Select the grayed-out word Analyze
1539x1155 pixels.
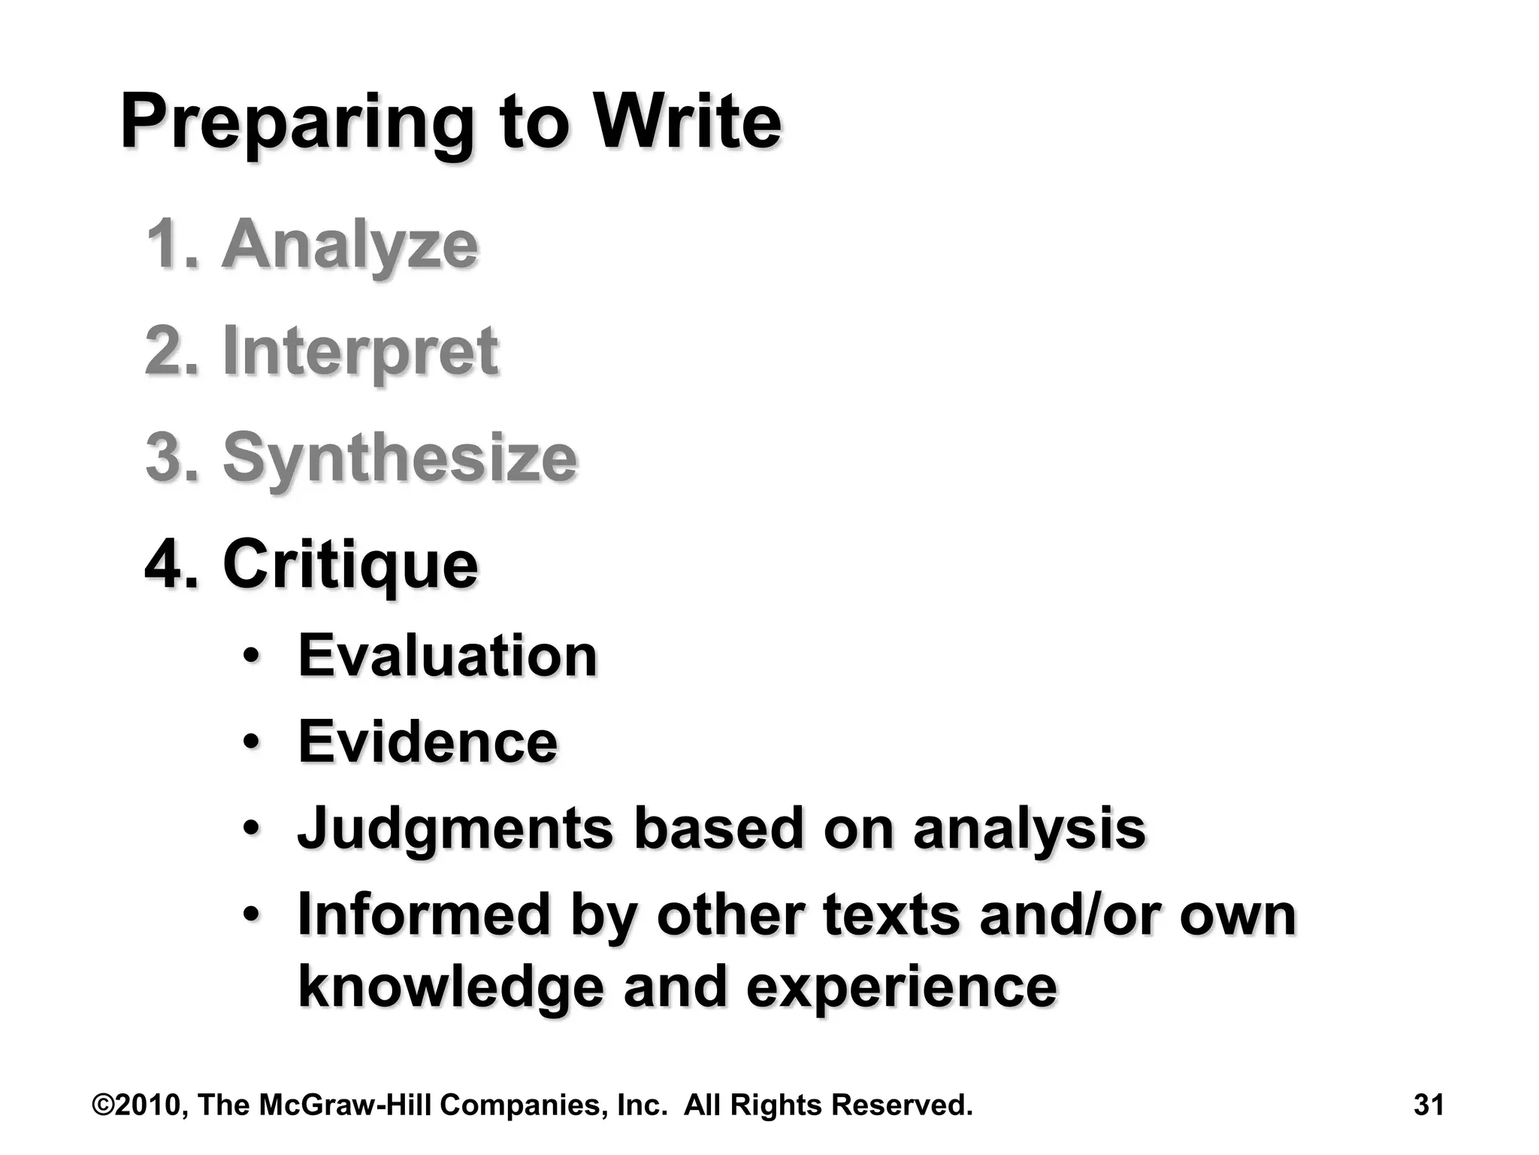(x=349, y=245)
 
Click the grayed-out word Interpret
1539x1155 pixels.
(x=361, y=352)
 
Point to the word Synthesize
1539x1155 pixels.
(x=400, y=459)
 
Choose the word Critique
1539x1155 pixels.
(x=350, y=565)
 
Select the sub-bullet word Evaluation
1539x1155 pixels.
(x=448, y=656)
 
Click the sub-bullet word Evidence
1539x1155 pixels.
(x=428, y=742)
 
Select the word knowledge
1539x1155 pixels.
(x=451, y=987)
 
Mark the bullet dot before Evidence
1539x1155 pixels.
(x=252, y=742)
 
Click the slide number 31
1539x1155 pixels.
(x=1428, y=1105)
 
